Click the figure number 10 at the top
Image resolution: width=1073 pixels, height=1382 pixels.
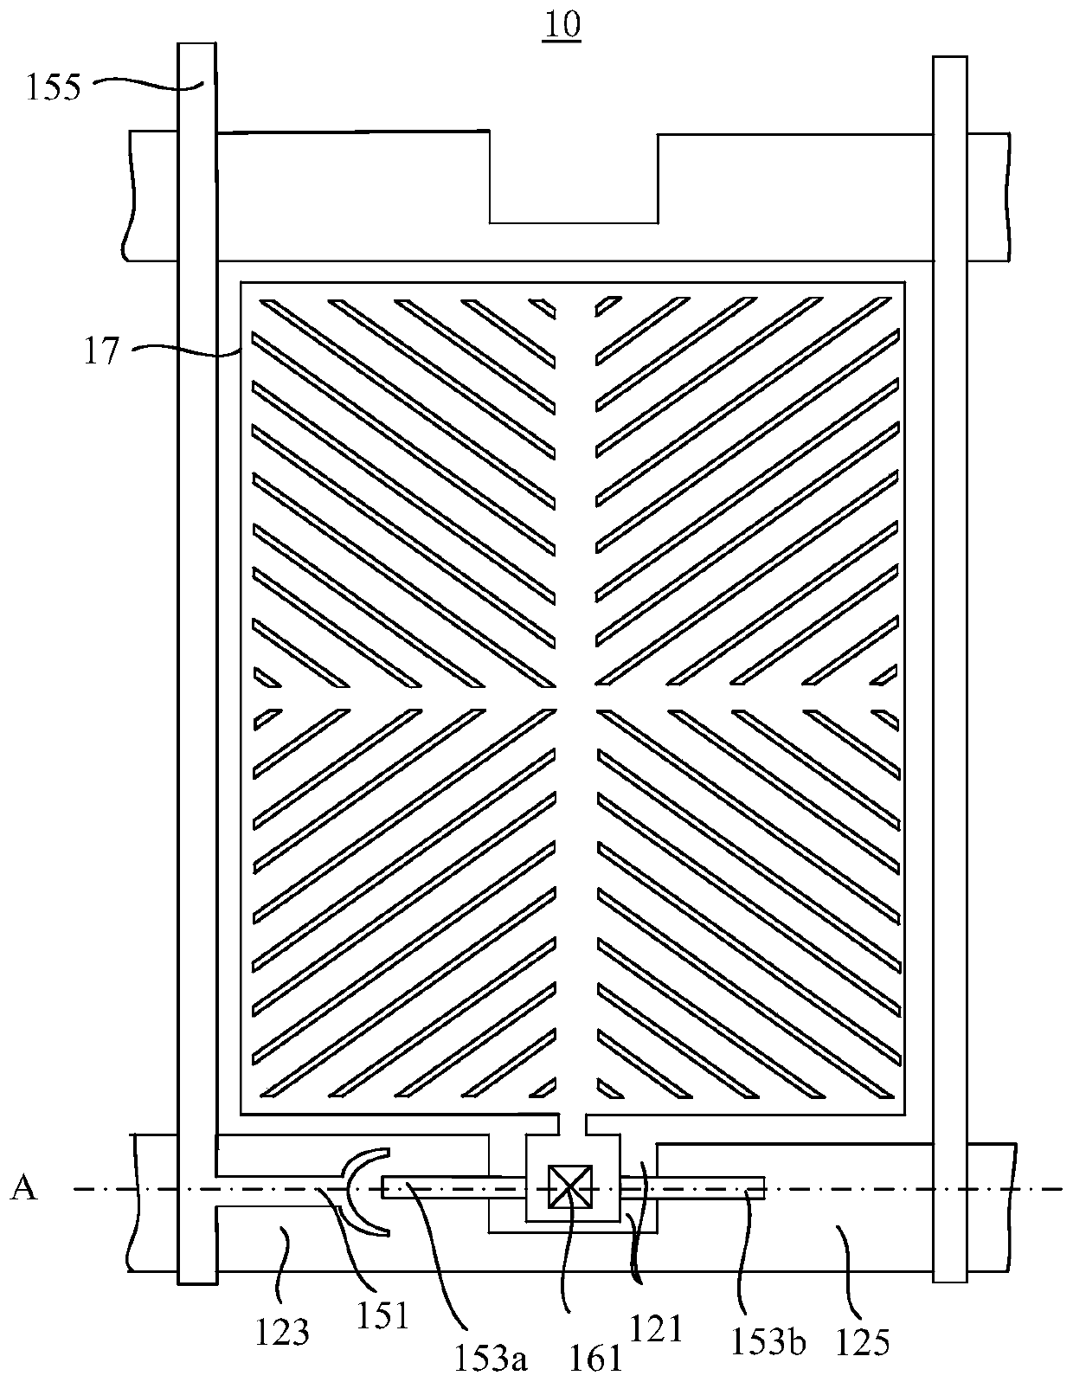pos(562,25)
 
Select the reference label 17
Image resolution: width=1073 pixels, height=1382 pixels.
pos(100,353)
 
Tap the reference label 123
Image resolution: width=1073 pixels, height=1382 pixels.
pos(282,1332)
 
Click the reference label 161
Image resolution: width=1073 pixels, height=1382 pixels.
pos(597,1359)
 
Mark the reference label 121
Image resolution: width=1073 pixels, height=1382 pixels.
pos(659,1327)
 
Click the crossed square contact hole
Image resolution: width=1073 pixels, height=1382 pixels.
pos(571,1186)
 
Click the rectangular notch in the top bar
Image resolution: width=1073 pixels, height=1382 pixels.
pos(573,177)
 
